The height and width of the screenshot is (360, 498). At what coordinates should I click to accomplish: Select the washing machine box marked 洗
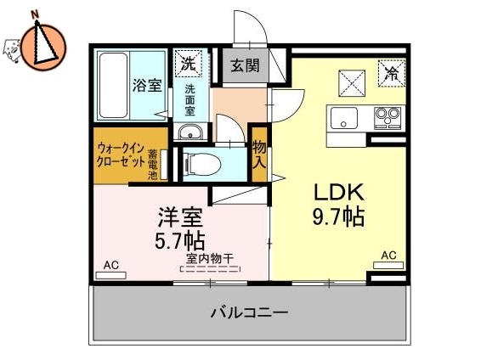189,62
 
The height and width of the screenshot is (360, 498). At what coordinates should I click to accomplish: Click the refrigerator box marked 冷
391,74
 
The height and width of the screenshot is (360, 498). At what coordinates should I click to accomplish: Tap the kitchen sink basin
342,119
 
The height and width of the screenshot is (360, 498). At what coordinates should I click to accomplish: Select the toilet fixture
202,162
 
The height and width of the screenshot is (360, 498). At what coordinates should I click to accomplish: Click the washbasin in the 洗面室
190,131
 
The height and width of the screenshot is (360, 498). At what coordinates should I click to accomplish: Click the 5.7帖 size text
181,240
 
